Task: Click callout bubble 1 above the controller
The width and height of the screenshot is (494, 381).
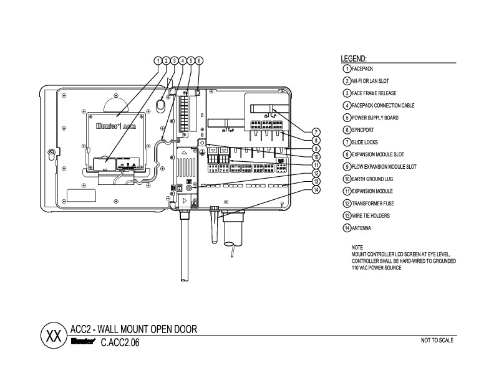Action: pos(158,60)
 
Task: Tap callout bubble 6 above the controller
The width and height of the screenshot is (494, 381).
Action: pos(199,60)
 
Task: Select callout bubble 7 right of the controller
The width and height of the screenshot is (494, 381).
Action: pos(316,133)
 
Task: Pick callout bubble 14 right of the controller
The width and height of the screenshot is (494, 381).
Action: pos(316,189)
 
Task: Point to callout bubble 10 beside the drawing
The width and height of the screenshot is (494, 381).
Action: pos(316,157)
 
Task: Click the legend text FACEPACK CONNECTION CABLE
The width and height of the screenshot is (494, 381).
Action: pos(383,105)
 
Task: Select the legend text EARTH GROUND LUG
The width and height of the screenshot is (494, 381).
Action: pos(372,179)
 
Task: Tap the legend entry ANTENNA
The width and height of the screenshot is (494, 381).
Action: pos(361,228)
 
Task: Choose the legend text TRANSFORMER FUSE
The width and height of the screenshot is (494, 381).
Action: pos(373,204)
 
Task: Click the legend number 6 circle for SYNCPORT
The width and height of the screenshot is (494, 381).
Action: pos(347,130)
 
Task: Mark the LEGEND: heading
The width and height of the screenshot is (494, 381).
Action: pos(354,59)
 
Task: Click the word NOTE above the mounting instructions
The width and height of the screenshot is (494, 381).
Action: pos(357,247)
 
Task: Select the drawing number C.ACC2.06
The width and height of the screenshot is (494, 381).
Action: pos(120,342)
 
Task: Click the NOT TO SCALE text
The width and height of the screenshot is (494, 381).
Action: pos(437,340)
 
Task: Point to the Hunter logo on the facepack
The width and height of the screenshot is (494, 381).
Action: pos(108,126)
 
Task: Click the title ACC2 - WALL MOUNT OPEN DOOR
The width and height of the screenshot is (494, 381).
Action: pos(133,329)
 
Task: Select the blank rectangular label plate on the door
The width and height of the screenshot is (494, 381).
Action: pos(81,195)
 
